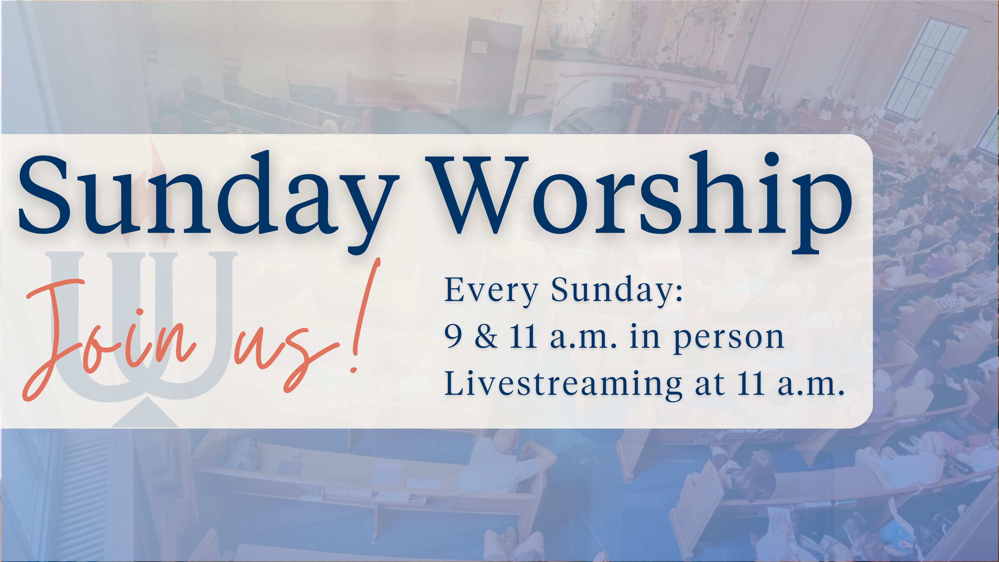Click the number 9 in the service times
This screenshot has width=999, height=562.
[x=453, y=337]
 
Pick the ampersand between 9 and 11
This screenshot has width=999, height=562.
[x=486, y=336]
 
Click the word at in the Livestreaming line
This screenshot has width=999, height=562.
[x=710, y=385]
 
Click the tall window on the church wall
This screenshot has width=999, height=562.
[x=925, y=68]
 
